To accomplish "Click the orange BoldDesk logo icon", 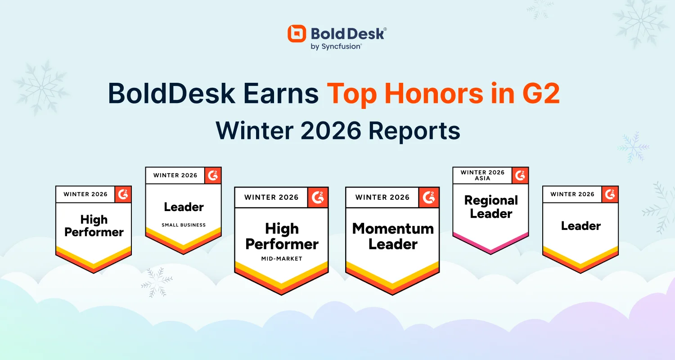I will click(297, 34).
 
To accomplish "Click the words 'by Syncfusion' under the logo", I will click(336, 46).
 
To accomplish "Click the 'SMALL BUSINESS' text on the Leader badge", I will click(184, 225).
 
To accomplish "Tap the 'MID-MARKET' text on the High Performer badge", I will click(282, 259).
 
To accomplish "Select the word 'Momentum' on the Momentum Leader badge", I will click(393, 229).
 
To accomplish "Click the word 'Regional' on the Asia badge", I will click(491, 200).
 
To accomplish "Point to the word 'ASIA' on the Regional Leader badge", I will click(482, 178).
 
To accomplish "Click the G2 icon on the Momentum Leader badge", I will click(429, 197).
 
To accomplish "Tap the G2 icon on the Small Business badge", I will click(213, 175).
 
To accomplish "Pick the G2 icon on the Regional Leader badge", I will click(520, 175).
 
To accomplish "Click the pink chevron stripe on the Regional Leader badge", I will click(490, 246).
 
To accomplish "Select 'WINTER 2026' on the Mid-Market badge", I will click(271, 197).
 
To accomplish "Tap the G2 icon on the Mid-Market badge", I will click(318, 197).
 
